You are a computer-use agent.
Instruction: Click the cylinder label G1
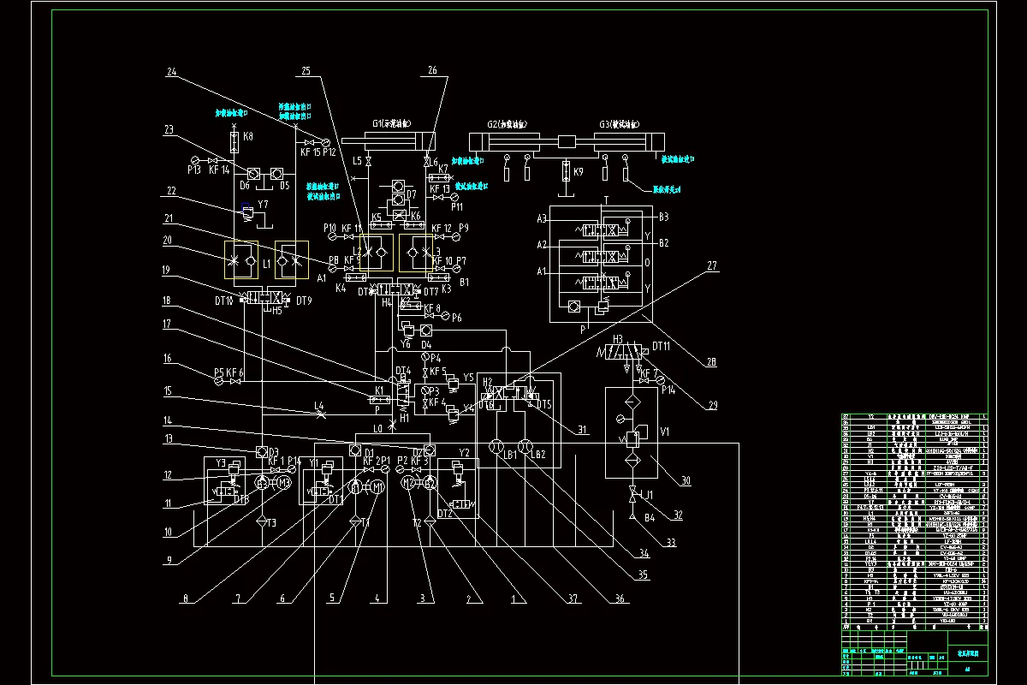click(377, 123)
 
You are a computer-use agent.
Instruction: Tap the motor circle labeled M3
click(283, 485)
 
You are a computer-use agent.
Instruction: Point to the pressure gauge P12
click(326, 142)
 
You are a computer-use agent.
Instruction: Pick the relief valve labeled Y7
click(246, 209)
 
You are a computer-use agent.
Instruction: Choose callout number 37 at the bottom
click(549, 599)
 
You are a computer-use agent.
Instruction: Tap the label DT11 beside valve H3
click(662, 346)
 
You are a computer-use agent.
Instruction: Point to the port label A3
click(541, 218)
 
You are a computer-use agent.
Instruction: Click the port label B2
click(663, 243)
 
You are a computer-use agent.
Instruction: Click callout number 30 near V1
click(686, 481)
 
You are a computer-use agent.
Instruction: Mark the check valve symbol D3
click(263, 451)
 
